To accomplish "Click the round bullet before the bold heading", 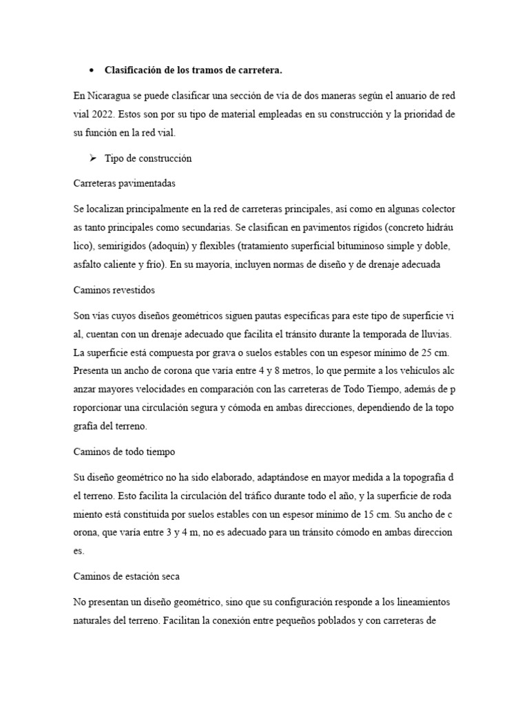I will coord(92,70).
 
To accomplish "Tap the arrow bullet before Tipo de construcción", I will coord(92,158).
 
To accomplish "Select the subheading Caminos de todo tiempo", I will coord(124,452).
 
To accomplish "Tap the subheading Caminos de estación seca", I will coord(127,576).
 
